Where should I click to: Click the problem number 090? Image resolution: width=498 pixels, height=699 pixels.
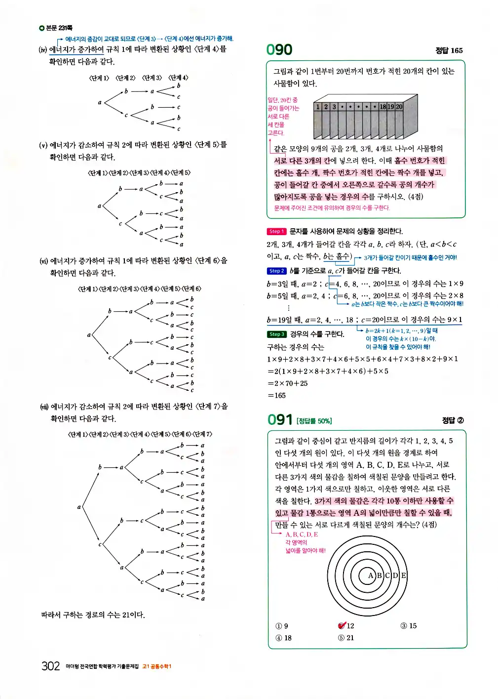click(x=279, y=50)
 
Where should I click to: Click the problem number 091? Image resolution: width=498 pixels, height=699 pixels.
click(x=280, y=420)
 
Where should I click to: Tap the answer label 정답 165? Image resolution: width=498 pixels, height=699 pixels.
click(x=449, y=50)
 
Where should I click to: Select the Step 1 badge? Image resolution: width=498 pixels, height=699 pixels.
click(x=276, y=231)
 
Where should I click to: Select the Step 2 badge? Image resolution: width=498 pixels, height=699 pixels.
click(x=276, y=271)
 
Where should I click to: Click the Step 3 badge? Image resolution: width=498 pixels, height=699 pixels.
click(x=276, y=334)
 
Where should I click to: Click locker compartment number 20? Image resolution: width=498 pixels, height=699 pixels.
click(x=399, y=107)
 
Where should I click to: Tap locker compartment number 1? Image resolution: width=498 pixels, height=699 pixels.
click(x=318, y=107)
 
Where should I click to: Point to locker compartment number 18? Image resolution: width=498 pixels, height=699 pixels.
click(x=383, y=107)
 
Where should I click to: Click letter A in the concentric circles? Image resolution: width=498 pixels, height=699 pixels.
click(x=371, y=576)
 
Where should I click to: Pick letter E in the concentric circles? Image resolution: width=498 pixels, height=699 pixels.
click(x=403, y=576)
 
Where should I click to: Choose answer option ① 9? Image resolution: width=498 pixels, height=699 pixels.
click(x=282, y=626)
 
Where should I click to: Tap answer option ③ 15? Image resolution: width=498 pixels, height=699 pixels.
click(x=409, y=626)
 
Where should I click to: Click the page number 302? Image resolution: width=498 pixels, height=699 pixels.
click(x=50, y=666)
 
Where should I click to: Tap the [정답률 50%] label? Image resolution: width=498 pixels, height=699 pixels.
click(x=314, y=421)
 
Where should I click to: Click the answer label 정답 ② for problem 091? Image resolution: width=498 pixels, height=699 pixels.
click(x=453, y=420)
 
